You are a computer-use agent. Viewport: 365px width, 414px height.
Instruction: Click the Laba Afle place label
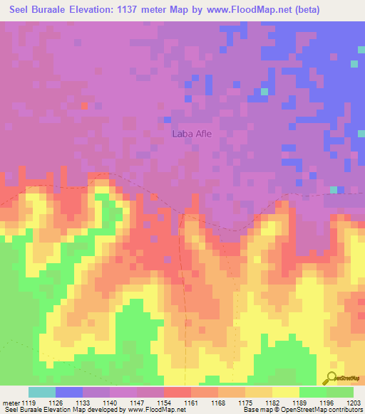coord(192,133)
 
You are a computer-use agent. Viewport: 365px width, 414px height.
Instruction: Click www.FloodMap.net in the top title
coord(242,10)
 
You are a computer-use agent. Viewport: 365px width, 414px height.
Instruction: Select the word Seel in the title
coord(24,10)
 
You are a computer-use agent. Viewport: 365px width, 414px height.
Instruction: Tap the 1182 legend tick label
coord(272,403)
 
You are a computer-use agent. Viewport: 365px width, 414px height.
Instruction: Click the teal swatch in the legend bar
coord(42,392)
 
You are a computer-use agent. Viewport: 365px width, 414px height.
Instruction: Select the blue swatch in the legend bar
coord(69,392)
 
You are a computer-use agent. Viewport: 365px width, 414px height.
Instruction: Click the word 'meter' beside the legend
coord(11,403)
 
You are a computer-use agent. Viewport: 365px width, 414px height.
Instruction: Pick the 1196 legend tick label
coord(324,403)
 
